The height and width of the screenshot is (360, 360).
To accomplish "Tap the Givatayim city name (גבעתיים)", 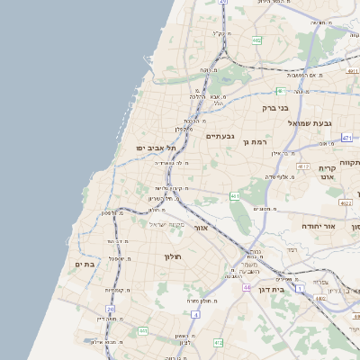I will [220, 136].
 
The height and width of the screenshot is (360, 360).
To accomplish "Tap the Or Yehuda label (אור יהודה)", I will [318, 225].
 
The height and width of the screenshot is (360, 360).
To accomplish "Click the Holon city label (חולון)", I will [173, 256].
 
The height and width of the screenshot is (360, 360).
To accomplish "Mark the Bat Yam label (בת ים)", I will [85, 264].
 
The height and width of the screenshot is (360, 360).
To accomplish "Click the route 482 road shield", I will [256, 40].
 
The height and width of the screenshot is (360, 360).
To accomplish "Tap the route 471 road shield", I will [347, 138].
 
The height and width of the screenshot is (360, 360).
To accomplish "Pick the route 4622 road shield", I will [346, 203].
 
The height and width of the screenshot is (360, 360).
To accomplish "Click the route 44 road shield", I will [246, 286].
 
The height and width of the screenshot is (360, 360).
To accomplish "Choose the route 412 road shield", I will [219, 342].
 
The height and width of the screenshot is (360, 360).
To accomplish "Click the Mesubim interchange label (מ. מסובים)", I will [265, 210].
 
